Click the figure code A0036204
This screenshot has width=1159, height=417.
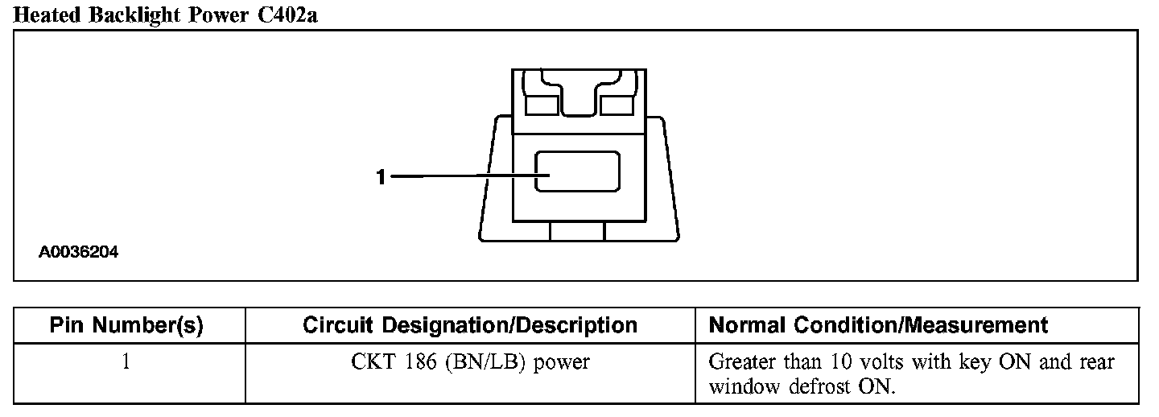point(79,252)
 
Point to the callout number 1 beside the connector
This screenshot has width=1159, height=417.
point(382,176)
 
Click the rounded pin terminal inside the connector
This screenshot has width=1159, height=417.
point(578,171)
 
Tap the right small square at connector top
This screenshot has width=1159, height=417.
point(617,105)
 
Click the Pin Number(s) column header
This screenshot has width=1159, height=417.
point(126,325)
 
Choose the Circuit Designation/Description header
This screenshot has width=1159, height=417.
point(470,325)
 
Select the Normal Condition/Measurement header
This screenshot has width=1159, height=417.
point(878,325)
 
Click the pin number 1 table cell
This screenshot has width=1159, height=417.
point(126,362)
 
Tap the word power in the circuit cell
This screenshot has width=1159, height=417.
point(562,363)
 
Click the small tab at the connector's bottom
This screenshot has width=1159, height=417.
point(576,232)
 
